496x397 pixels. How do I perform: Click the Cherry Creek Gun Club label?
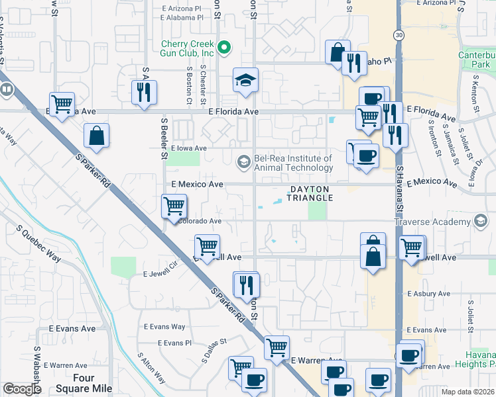click(x=188, y=48)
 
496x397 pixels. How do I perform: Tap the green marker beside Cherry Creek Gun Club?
click(x=224, y=47)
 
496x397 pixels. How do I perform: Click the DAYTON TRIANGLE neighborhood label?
click(x=309, y=193)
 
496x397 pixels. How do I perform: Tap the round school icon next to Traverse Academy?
click(x=482, y=222)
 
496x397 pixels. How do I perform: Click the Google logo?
click(x=22, y=389)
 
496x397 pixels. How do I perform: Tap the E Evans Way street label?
click(x=164, y=326)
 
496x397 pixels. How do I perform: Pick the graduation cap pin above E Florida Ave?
click(x=245, y=80)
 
